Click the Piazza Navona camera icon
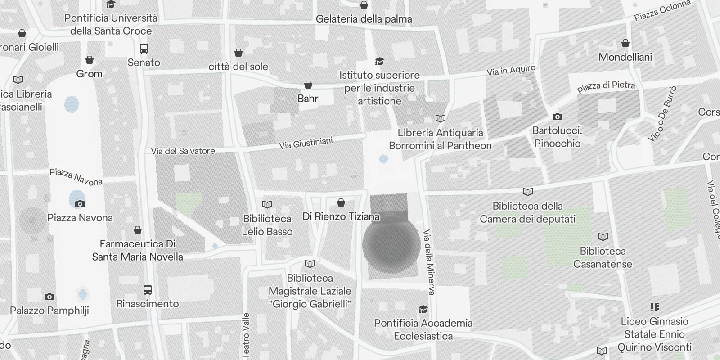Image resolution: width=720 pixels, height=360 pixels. tap(80, 204)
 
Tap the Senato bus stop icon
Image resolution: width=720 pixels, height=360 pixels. tap(144, 49)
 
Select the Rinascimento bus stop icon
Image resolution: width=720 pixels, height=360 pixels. tap(148, 290)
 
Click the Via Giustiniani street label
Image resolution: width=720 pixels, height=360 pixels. tap(306, 143)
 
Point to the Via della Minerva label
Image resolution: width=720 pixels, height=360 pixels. tap(429, 262)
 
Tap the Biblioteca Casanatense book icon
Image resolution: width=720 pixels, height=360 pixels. tap(603, 237)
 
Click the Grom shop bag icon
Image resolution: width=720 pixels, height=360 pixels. tap(90, 60)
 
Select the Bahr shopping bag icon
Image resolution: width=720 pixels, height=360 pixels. tap(308, 85)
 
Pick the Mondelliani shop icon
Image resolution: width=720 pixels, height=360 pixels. tap(625, 43)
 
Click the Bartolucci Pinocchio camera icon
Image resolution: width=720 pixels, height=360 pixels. tap(557, 117)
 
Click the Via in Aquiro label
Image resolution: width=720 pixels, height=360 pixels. tap(511, 71)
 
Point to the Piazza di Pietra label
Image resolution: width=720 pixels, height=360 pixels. tap(606, 86)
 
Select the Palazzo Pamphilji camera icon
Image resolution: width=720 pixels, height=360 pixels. tap(49, 297)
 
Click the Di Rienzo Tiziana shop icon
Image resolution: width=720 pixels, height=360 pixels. tap(341, 202)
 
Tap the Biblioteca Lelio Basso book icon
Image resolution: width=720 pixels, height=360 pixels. tap(267, 205)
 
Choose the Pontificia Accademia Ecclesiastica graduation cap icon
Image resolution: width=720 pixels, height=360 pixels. tap(423, 310)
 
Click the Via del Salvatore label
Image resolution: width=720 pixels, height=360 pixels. tap(183, 151)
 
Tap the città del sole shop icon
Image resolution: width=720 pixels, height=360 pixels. tap(238, 53)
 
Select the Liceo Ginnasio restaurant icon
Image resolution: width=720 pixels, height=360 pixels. tap(654, 307)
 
